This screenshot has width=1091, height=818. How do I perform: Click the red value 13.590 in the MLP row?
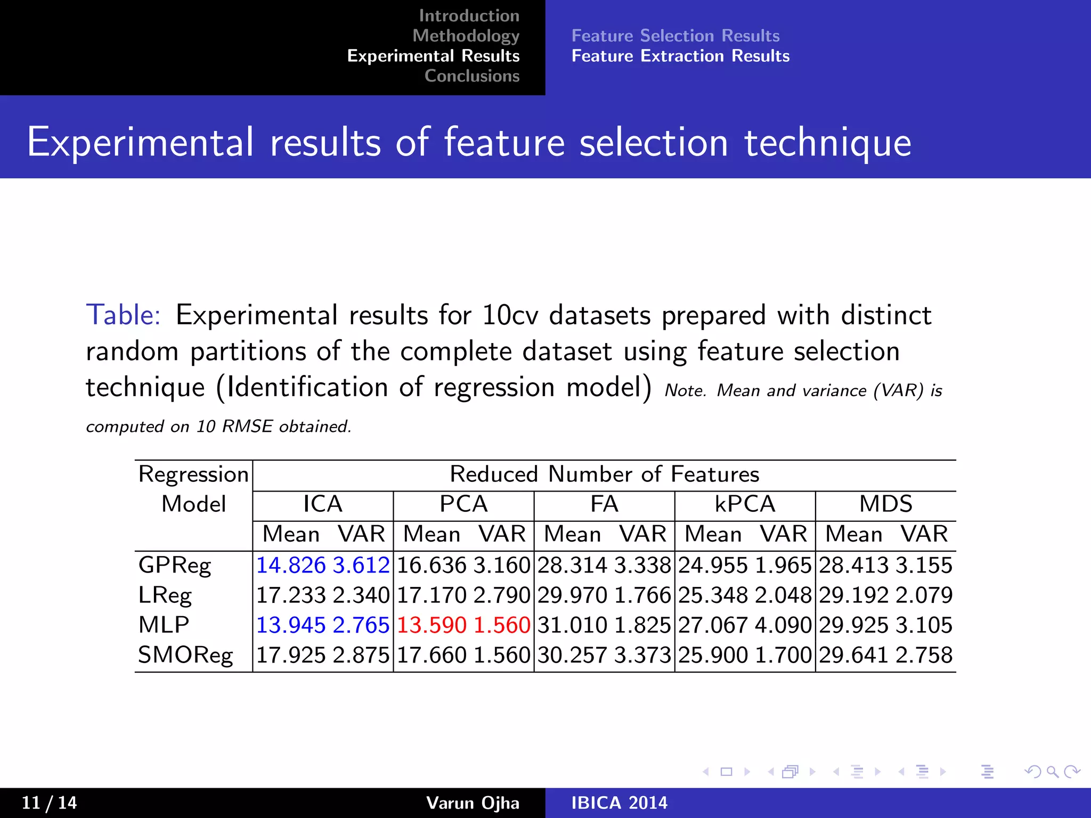(431, 625)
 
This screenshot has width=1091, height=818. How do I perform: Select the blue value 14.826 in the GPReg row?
(291, 566)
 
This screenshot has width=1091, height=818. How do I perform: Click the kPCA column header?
(745, 504)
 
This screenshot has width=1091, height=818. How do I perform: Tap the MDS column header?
(885, 504)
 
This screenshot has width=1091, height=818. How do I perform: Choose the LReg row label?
(165, 595)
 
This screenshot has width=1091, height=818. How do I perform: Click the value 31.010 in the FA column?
(572, 625)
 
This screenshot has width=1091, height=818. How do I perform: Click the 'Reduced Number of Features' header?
(604, 475)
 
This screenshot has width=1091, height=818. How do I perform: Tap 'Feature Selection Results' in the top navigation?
(675, 36)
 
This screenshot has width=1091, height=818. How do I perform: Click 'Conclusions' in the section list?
(471, 76)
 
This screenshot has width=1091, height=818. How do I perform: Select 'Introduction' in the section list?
(469, 16)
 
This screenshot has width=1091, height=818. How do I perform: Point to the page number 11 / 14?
(49, 803)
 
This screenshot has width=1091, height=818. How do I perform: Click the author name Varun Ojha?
(473, 803)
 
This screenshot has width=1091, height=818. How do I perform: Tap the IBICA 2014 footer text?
(619, 803)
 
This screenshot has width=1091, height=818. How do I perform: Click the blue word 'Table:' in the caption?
(123, 315)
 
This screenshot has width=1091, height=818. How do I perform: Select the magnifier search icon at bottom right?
(1052, 772)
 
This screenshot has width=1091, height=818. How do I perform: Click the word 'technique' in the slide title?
(827, 143)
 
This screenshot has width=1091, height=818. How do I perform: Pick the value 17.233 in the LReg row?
(291, 595)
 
